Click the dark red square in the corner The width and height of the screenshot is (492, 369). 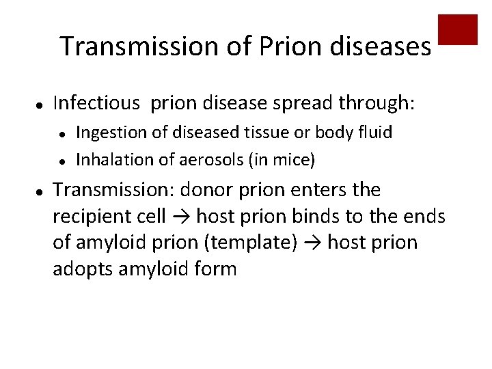(457, 29)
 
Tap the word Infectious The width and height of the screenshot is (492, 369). (97, 103)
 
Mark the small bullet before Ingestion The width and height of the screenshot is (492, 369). (61, 133)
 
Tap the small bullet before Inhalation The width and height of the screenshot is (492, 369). (61, 161)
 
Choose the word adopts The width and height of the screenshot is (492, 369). (83, 269)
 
